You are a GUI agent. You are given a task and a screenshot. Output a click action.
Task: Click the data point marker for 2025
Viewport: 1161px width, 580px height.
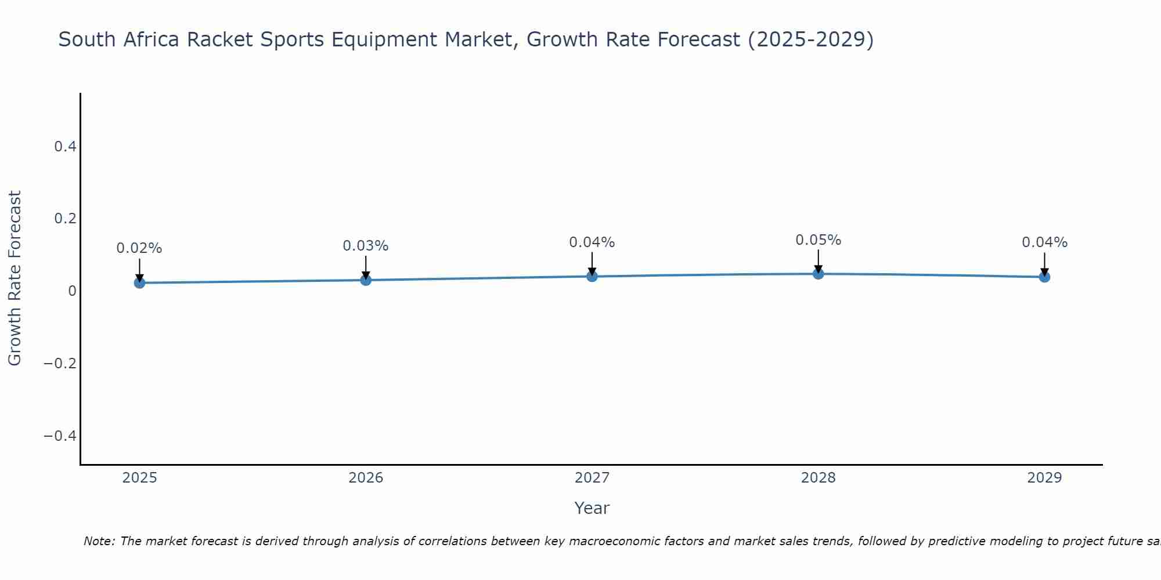point(139,282)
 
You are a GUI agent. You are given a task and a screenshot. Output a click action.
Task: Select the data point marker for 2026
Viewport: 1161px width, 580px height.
point(366,280)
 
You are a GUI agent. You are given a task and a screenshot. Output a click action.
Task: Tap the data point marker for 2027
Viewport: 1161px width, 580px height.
point(592,276)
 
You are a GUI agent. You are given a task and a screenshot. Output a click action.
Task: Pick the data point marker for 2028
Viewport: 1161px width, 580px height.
point(819,273)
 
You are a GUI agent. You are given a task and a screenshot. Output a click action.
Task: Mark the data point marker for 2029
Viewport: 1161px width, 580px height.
point(1044,277)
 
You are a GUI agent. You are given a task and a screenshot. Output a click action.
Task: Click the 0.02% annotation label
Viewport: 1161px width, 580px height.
point(139,248)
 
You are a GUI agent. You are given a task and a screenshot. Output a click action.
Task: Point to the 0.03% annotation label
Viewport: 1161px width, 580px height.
point(366,246)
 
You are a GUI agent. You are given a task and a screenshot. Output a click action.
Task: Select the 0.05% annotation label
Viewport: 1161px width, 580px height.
point(819,240)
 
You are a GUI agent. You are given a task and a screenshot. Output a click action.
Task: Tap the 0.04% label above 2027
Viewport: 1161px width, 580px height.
point(592,242)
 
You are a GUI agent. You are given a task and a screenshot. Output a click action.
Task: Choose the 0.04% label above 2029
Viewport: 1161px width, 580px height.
point(1044,242)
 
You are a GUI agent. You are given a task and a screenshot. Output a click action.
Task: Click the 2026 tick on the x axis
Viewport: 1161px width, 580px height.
point(366,478)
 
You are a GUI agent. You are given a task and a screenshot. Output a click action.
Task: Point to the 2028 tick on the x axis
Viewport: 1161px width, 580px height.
point(819,478)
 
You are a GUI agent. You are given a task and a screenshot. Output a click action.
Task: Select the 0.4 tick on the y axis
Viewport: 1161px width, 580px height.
point(66,147)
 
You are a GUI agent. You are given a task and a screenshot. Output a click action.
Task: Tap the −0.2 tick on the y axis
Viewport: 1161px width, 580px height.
point(60,364)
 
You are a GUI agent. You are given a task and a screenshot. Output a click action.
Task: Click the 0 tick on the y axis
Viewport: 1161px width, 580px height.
point(72,291)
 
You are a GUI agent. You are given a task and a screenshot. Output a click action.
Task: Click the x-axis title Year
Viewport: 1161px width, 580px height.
point(592,508)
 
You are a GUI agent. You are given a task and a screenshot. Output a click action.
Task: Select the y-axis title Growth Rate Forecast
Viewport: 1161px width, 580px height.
point(15,278)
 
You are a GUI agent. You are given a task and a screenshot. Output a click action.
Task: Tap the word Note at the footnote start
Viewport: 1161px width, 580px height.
point(99,541)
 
